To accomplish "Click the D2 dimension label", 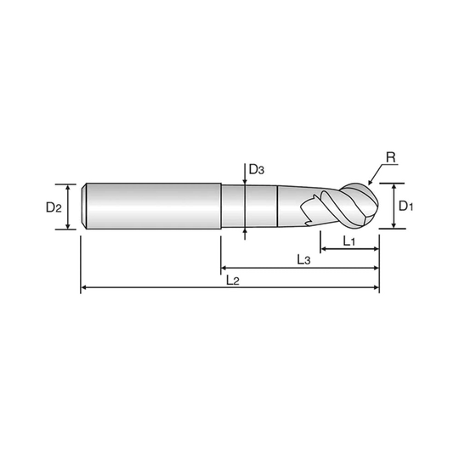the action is pyautogui.click(x=54, y=207).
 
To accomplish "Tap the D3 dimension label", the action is pyautogui.click(x=257, y=169).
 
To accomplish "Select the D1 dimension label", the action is pyautogui.click(x=406, y=207).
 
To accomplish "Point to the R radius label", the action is pyautogui.click(x=391, y=157).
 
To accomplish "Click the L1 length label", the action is pyautogui.click(x=349, y=241).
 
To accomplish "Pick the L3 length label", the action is pyautogui.click(x=303, y=259).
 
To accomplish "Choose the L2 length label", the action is pyautogui.click(x=233, y=280).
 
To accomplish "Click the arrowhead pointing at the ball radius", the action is pyautogui.click(x=371, y=183).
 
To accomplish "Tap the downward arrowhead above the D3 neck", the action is pyautogui.click(x=245, y=182).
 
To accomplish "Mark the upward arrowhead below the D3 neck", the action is pyautogui.click(x=245, y=231).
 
